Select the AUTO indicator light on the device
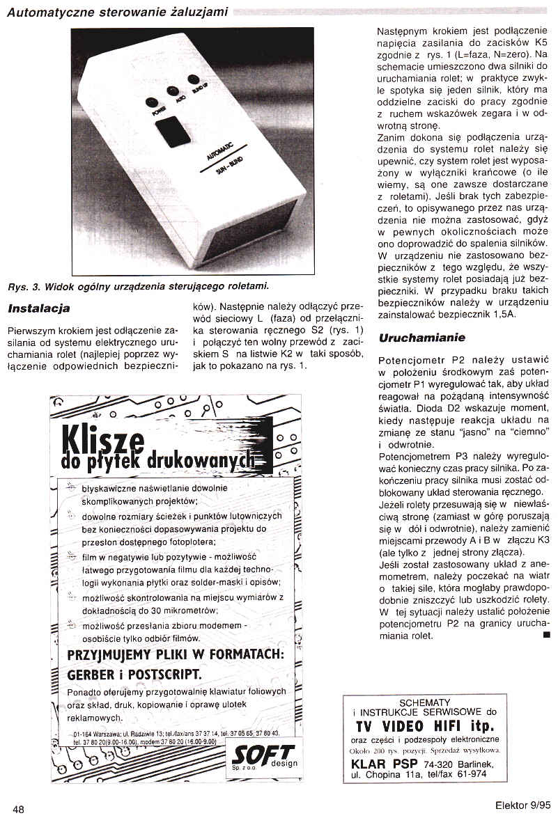click(x=171, y=91)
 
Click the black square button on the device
click(x=172, y=131)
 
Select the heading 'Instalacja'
click(x=38, y=308)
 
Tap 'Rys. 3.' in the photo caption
click(x=25, y=286)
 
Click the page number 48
click(x=18, y=808)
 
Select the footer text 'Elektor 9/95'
click(x=520, y=805)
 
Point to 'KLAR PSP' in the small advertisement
click(x=380, y=764)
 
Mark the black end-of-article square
click(x=545, y=634)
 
